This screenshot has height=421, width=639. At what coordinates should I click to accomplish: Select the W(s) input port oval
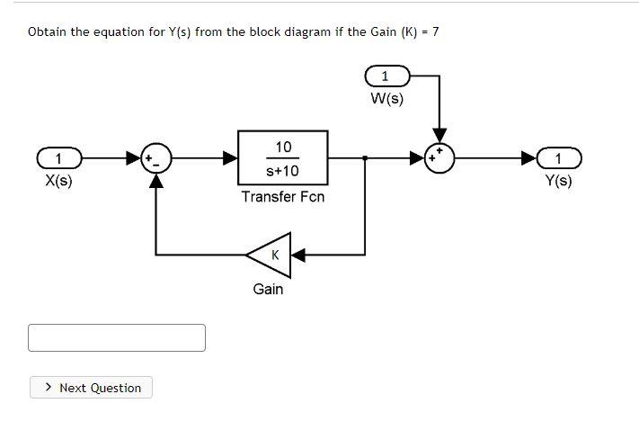pyautogui.click(x=386, y=76)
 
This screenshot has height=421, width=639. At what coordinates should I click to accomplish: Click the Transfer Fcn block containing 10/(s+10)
pyautogui.click(x=282, y=157)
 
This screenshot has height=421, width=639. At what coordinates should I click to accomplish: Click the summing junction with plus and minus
pyautogui.click(x=155, y=159)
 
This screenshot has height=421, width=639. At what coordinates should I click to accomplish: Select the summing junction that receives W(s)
pyautogui.click(x=440, y=159)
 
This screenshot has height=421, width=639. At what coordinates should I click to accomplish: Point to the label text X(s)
pyautogui.click(x=58, y=180)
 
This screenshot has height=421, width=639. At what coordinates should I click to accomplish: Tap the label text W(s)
pyautogui.click(x=386, y=98)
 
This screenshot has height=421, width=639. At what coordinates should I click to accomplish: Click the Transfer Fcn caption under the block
pyautogui.click(x=282, y=196)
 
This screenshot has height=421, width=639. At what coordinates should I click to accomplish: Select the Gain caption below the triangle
pyautogui.click(x=268, y=289)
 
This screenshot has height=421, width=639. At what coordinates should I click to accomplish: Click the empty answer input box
pyautogui.click(x=117, y=337)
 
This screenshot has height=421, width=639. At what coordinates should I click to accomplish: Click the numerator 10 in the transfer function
pyautogui.click(x=283, y=147)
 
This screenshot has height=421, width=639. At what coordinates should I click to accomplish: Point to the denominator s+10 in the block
pyautogui.click(x=283, y=170)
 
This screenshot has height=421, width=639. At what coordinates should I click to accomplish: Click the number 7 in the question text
pyautogui.click(x=435, y=31)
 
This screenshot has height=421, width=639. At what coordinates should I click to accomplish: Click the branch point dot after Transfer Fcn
pyautogui.click(x=364, y=159)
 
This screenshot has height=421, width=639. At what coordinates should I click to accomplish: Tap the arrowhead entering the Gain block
pyautogui.click(x=297, y=255)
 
